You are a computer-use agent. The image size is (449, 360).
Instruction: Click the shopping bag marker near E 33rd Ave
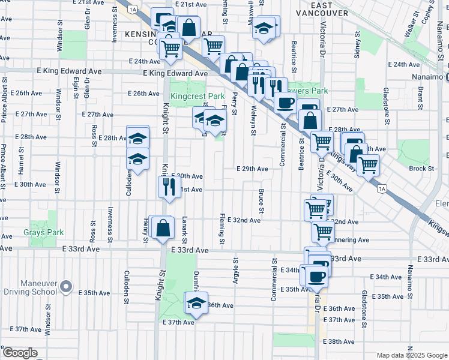tap(163, 228)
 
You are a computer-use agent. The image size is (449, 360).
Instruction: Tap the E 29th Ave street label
tap(252, 169)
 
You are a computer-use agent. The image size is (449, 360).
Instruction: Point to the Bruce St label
tap(262, 202)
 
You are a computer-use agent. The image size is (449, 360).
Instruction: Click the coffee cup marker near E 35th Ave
tap(316, 276)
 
